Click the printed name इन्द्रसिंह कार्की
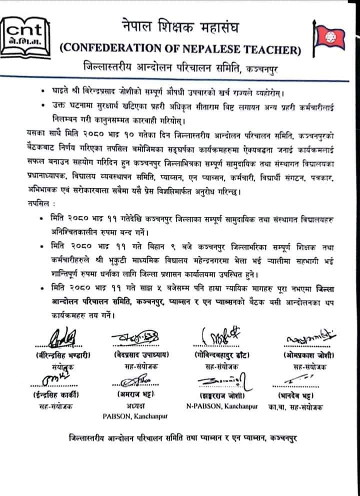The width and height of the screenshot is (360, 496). tap(55, 395)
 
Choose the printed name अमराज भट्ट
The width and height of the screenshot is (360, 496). tap(136, 395)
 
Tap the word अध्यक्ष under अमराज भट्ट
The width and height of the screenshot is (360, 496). tap(135, 406)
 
